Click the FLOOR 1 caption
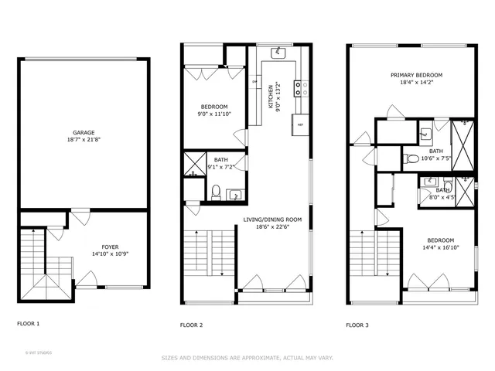tap(28, 324)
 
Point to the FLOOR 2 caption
tap(191, 325)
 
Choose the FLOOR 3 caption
tap(357, 325)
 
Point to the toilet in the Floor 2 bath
tap(216, 191)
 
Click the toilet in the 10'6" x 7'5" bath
tap(410, 160)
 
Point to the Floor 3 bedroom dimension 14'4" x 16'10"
tap(438, 248)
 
